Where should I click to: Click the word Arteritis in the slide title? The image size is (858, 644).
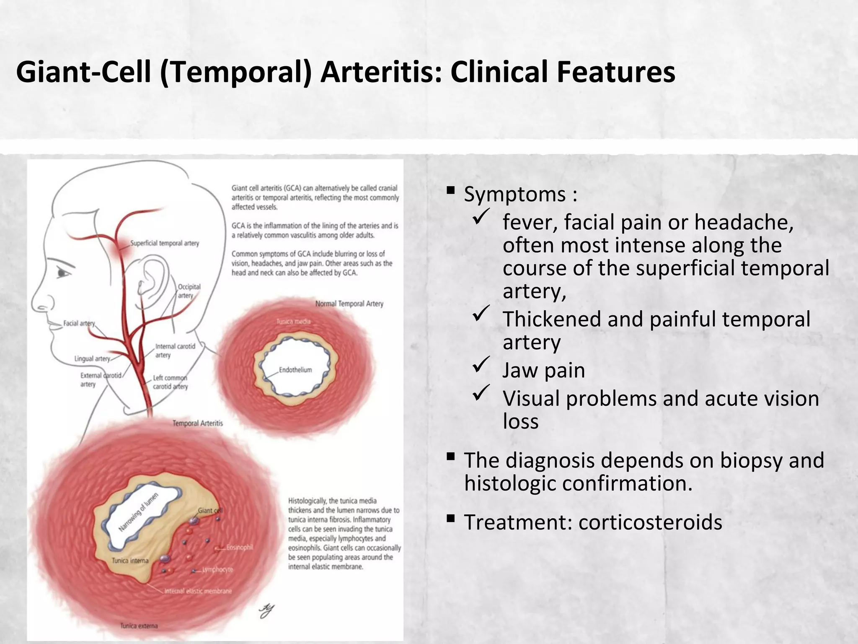[380, 72]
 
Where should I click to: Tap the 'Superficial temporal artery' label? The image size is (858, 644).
[165, 243]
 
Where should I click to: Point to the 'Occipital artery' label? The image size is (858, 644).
[189, 291]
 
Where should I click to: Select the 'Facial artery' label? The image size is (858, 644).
[79, 323]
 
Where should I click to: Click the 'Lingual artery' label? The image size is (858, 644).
[92, 359]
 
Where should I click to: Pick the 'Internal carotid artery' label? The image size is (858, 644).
[175, 351]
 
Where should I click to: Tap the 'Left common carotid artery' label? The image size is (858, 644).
[170, 382]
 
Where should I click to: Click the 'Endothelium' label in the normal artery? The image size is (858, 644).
[295, 370]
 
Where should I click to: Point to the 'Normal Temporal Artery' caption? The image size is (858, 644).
[349, 304]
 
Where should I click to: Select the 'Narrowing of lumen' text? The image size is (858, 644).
[139, 512]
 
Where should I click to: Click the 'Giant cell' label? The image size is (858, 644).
[210, 510]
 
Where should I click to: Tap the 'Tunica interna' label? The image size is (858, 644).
[130, 561]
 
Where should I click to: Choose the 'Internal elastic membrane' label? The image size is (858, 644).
[198, 591]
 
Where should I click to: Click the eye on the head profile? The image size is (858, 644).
[64, 273]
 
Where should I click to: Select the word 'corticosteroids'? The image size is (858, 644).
[650, 522]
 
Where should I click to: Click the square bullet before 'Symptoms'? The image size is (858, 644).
[451, 191]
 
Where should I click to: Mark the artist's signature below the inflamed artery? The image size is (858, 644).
[266, 610]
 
